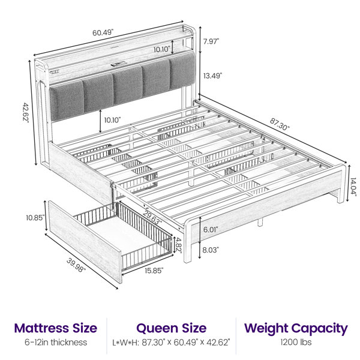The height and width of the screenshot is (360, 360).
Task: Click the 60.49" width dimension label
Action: point(103,32)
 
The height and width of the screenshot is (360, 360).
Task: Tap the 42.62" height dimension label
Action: point(25,113)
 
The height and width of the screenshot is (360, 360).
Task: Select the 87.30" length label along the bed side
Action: point(280,124)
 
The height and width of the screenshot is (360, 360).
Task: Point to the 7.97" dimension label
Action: point(211,41)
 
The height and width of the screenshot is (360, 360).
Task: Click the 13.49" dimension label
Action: point(213,76)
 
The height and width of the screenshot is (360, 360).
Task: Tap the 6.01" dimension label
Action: point(211,229)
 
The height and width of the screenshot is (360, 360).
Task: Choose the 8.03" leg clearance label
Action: point(211,250)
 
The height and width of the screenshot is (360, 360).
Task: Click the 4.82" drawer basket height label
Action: point(178,245)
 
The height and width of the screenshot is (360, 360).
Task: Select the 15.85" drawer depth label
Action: point(154,271)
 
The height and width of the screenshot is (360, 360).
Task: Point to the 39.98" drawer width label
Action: point(76,266)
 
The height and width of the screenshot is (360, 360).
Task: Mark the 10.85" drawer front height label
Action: point(35,218)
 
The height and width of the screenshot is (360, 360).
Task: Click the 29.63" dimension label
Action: point(152,217)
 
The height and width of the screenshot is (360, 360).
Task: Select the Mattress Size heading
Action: point(56,328)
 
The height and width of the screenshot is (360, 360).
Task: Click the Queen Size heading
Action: point(171,328)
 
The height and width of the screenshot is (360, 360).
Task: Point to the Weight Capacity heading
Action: point(296,329)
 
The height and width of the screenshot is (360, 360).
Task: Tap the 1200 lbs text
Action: point(296,343)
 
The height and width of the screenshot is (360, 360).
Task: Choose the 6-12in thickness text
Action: point(56,343)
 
